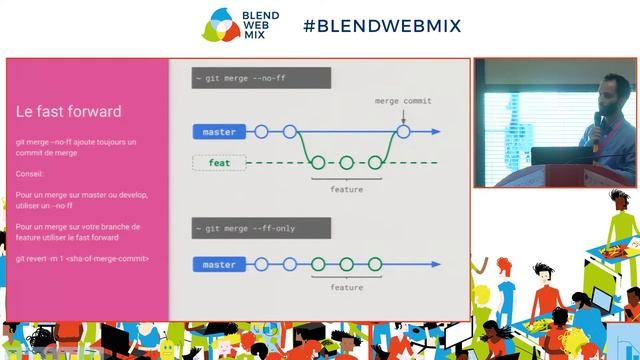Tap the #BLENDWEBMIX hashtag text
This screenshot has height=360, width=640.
tap(382, 26)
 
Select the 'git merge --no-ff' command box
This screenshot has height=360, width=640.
tap(247, 77)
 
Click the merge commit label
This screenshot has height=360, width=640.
tap(403, 101)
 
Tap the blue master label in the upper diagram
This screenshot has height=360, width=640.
tap(218, 132)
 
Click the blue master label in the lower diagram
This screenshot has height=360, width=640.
tap(218, 265)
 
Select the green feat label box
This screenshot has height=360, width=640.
tap(219, 162)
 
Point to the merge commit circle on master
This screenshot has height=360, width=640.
tap(403, 131)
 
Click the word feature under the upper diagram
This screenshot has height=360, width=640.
tap(346, 189)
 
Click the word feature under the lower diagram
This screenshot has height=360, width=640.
tap(346, 287)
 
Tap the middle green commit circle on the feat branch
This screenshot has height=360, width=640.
tap(347, 162)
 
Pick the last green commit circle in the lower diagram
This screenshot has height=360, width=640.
tap(375, 265)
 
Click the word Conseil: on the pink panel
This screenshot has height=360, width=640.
tap(31, 172)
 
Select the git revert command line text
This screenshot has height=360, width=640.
tap(82, 258)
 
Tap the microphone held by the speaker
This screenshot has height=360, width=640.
tap(598, 119)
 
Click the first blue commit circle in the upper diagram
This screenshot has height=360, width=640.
tap(261, 131)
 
